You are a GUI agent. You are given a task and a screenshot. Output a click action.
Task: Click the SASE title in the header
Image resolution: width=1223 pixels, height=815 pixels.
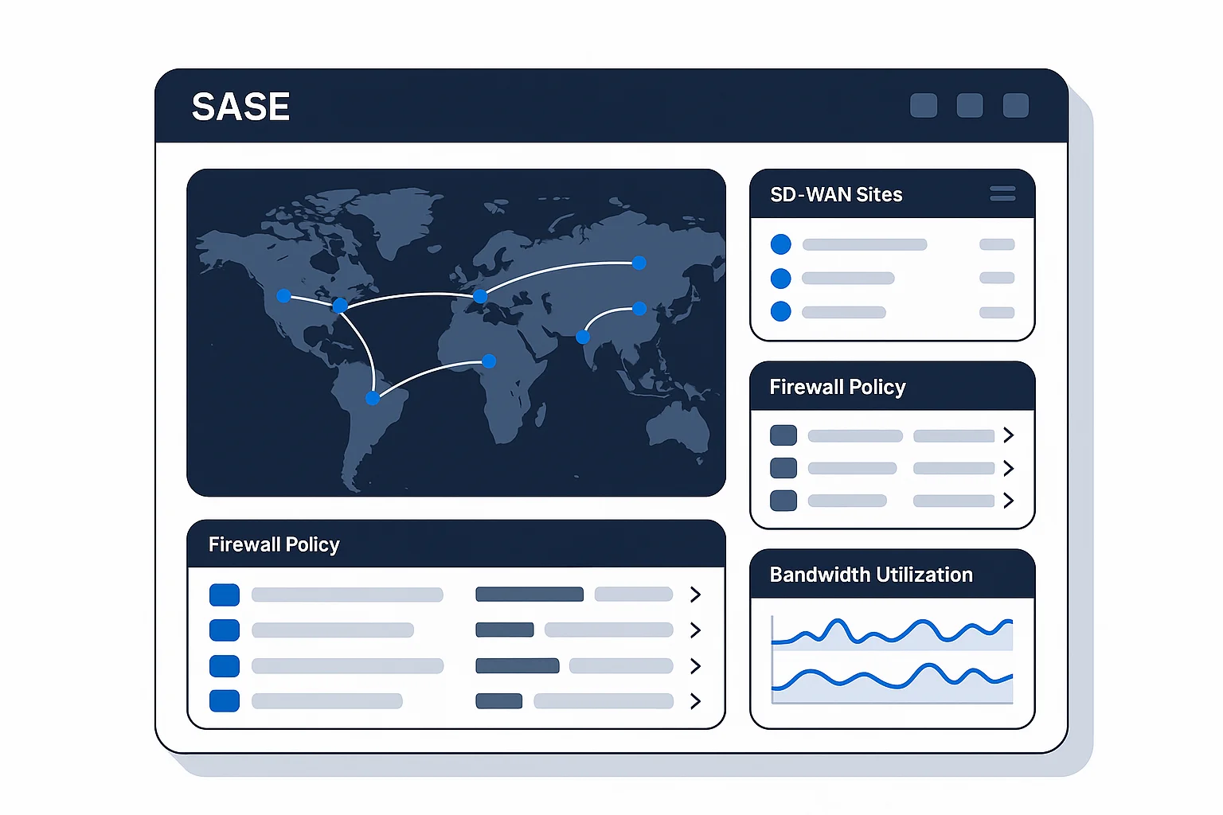pyautogui.click(x=240, y=106)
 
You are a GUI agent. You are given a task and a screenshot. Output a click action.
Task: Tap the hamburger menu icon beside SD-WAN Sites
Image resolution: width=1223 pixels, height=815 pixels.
pyautogui.click(x=1002, y=193)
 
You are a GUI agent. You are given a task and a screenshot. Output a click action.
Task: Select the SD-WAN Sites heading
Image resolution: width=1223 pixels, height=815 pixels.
pyautogui.click(x=836, y=194)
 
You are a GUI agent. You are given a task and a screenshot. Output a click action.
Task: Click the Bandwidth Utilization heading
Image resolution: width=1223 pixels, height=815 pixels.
pyautogui.click(x=871, y=575)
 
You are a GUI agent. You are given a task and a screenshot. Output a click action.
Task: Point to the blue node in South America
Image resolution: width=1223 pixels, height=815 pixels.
pyautogui.click(x=373, y=398)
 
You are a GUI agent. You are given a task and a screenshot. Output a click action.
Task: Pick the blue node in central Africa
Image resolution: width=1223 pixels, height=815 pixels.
pyautogui.click(x=489, y=361)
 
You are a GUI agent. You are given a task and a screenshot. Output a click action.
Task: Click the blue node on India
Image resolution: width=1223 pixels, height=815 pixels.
pyautogui.click(x=583, y=337)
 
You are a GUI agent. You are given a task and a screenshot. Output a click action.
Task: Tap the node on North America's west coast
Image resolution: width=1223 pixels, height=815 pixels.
pyautogui.click(x=283, y=296)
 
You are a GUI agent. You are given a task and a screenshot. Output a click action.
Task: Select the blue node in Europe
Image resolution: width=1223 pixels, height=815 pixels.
pyautogui.click(x=480, y=296)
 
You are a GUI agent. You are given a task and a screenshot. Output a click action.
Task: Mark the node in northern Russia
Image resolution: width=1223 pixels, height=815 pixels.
pyautogui.click(x=639, y=263)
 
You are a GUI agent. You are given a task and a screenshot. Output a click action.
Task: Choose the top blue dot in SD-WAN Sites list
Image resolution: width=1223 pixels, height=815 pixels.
pyautogui.click(x=781, y=244)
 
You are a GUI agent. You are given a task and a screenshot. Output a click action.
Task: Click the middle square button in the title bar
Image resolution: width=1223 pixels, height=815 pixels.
pyautogui.click(x=970, y=105)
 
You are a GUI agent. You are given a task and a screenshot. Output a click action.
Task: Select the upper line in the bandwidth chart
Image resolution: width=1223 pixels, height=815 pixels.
pyautogui.click(x=892, y=632)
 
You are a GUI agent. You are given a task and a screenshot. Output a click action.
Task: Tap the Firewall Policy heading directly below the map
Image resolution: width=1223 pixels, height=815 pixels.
pyautogui.click(x=274, y=544)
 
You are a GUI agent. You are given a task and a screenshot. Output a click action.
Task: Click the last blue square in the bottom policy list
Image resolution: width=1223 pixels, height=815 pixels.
pyautogui.click(x=225, y=701)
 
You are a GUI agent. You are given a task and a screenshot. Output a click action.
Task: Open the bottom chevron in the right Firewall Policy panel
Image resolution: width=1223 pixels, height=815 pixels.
pyautogui.click(x=1009, y=501)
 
